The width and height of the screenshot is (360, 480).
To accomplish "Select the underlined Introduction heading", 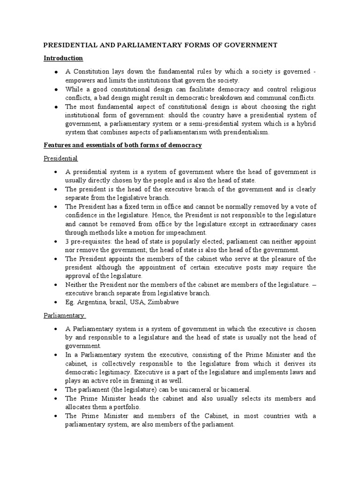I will click(63, 58).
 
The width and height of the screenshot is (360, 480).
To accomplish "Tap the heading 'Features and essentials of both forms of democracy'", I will click(123, 145).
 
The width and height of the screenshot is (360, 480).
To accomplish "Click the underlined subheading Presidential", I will click(61, 159).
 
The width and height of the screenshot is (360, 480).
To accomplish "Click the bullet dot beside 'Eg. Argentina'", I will click(56, 302).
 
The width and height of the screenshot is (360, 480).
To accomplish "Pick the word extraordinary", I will click(272, 224).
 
